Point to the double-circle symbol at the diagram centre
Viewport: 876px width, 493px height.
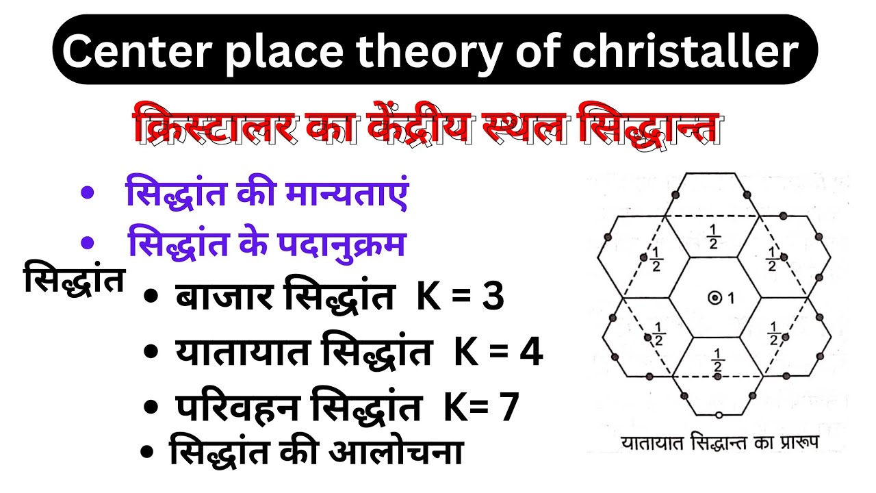point(714,298)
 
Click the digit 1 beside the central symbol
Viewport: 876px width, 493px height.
point(730,298)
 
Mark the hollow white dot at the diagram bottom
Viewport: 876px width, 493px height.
point(718,416)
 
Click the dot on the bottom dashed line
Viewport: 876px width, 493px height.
point(716,377)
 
